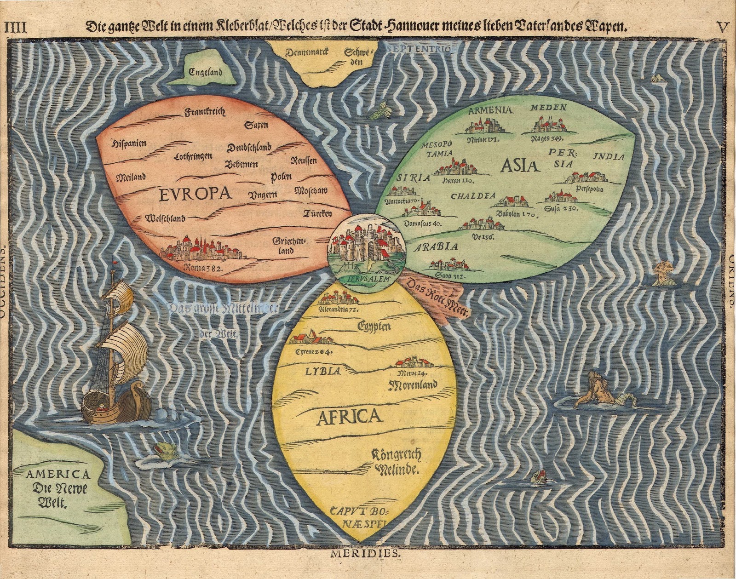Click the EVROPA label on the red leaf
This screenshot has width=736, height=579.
[x=195, y=194]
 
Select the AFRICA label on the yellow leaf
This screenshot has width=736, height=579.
[x=350, y=417]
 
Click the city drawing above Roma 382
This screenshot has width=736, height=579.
[x=202, y=249]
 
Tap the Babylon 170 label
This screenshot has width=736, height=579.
[x=514, y=215]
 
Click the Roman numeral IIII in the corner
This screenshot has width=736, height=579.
[x=15, y=27]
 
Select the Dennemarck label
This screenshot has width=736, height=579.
[x=306, y=52]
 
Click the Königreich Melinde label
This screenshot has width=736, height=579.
[x=397, y=462]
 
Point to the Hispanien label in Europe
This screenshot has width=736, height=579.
[x=129, y=143]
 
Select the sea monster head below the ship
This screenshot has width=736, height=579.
[x=162, y=449]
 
